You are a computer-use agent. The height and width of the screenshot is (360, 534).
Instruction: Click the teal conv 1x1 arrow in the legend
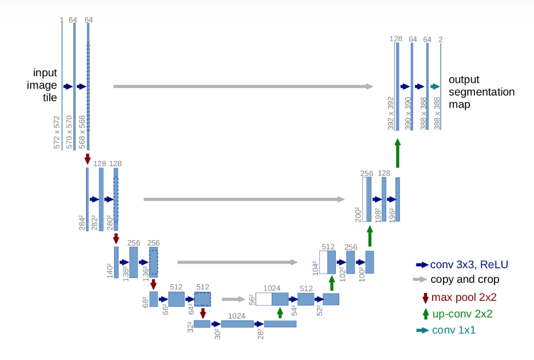422,330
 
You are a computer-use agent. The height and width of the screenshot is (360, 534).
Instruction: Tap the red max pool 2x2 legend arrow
425,298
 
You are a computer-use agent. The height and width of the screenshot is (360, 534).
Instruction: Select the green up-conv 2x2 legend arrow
425,314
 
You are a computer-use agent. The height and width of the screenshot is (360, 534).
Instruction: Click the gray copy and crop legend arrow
421,280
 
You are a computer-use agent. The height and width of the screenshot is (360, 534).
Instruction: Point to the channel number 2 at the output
441,39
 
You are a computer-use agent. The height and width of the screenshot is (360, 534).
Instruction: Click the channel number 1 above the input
61,20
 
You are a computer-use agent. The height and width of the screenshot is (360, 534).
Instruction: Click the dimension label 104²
315,267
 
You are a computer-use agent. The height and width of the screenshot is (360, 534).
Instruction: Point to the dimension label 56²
251,299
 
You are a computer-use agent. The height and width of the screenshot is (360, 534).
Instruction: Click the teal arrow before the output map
435,87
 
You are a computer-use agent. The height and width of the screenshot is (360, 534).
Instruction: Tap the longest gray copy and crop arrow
243,87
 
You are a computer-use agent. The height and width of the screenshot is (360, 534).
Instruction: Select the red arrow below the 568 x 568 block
88,158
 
